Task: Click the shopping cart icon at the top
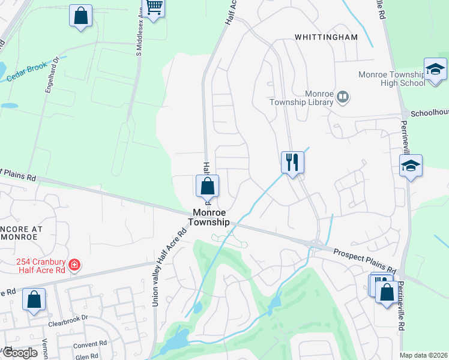(x=154, y=8)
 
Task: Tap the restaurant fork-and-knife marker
(x=292, y=162)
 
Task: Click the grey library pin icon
(x=343, y=96)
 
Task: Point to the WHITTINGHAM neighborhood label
(x=326, y=37)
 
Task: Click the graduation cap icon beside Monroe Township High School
(x=435, y=70)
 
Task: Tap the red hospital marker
(x=74, y=265)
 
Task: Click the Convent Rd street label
(x=89, y=345)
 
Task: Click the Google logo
(x=19, y=353)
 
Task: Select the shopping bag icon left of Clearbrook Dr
(x=34, y=299)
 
